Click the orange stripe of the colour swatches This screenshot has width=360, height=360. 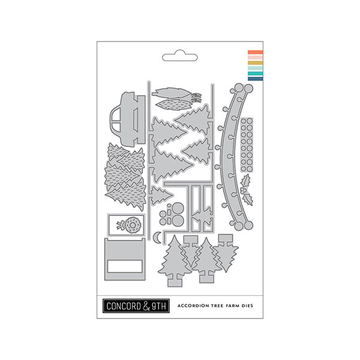tap(256, 52)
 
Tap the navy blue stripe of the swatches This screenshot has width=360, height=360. tap(256, 79)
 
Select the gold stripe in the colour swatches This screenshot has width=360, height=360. tap(256, 63)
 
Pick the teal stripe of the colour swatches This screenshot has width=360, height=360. tap(256, 73)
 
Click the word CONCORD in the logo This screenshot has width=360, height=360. tap(124, 306)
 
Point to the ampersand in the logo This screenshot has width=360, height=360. tap(146, 306)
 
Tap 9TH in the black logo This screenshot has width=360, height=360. tap(158, 306)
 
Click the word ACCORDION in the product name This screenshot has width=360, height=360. tap(193, 306)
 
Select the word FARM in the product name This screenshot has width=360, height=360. tap(232, 306)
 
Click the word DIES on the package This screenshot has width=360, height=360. tap(247, 306)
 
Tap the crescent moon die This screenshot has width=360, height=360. tap(157, 237)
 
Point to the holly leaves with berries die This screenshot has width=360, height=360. tap(247, 190)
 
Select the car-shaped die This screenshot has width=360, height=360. tap(127, 119)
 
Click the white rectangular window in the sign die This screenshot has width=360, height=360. tap(125, 266)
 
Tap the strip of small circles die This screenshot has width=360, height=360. tap(247, 145)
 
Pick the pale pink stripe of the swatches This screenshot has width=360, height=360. tap(256, 58)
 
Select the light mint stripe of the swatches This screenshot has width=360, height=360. tap(256, 68)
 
